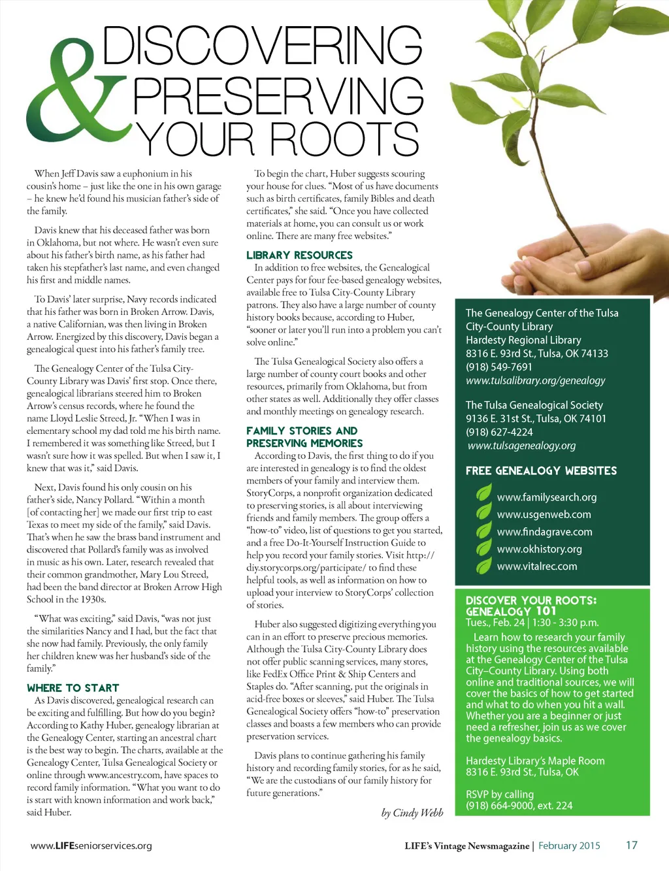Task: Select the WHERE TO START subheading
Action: click(x=73, y=687)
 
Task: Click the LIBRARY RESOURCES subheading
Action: click(x=299, y=255)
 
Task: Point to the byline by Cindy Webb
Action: click(x=412, y=813)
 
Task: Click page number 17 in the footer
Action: click(x=631, y=845)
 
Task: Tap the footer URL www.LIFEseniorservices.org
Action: click(x=91, y=846)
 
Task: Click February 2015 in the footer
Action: click(x=569, y=846)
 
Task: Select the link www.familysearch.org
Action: click(x=547, y=497)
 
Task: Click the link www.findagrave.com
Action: click(x=544, y=532)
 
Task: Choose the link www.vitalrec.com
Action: click(x=537, y=567)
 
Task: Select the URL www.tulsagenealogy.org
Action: click(x=521, y=446)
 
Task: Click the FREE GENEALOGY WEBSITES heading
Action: click(x=541, y=470)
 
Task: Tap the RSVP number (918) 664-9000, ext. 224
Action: click(x=519, y=806)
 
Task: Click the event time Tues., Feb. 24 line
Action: click(x=532, y=623)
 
